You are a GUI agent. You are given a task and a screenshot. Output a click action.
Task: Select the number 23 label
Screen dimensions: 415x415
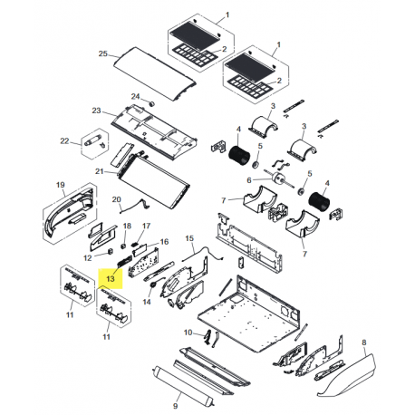(x=95, y=111)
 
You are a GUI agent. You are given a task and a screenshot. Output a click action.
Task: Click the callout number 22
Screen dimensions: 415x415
(x=64, y=140)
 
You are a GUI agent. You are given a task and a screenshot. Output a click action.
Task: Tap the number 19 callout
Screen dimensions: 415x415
(x=61, y=186)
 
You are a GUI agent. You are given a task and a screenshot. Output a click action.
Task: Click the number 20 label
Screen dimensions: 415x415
(x=116, y=199)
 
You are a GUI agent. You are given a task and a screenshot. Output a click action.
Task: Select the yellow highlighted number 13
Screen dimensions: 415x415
(x=111, y=278)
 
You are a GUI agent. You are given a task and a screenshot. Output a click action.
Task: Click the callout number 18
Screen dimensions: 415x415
(x=126, y=225)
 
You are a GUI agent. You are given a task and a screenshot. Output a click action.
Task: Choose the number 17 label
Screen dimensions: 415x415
(x=147, y=225)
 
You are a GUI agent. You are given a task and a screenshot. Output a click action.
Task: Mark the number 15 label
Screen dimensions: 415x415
(x=189, y=238)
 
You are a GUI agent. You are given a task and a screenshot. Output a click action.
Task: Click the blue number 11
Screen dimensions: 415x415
(x=106, y=337)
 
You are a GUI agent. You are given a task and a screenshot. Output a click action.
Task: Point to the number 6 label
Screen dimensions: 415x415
(x=248, y=179)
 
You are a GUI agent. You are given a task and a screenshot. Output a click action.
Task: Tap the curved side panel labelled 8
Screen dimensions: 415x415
(x=350, y=372)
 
